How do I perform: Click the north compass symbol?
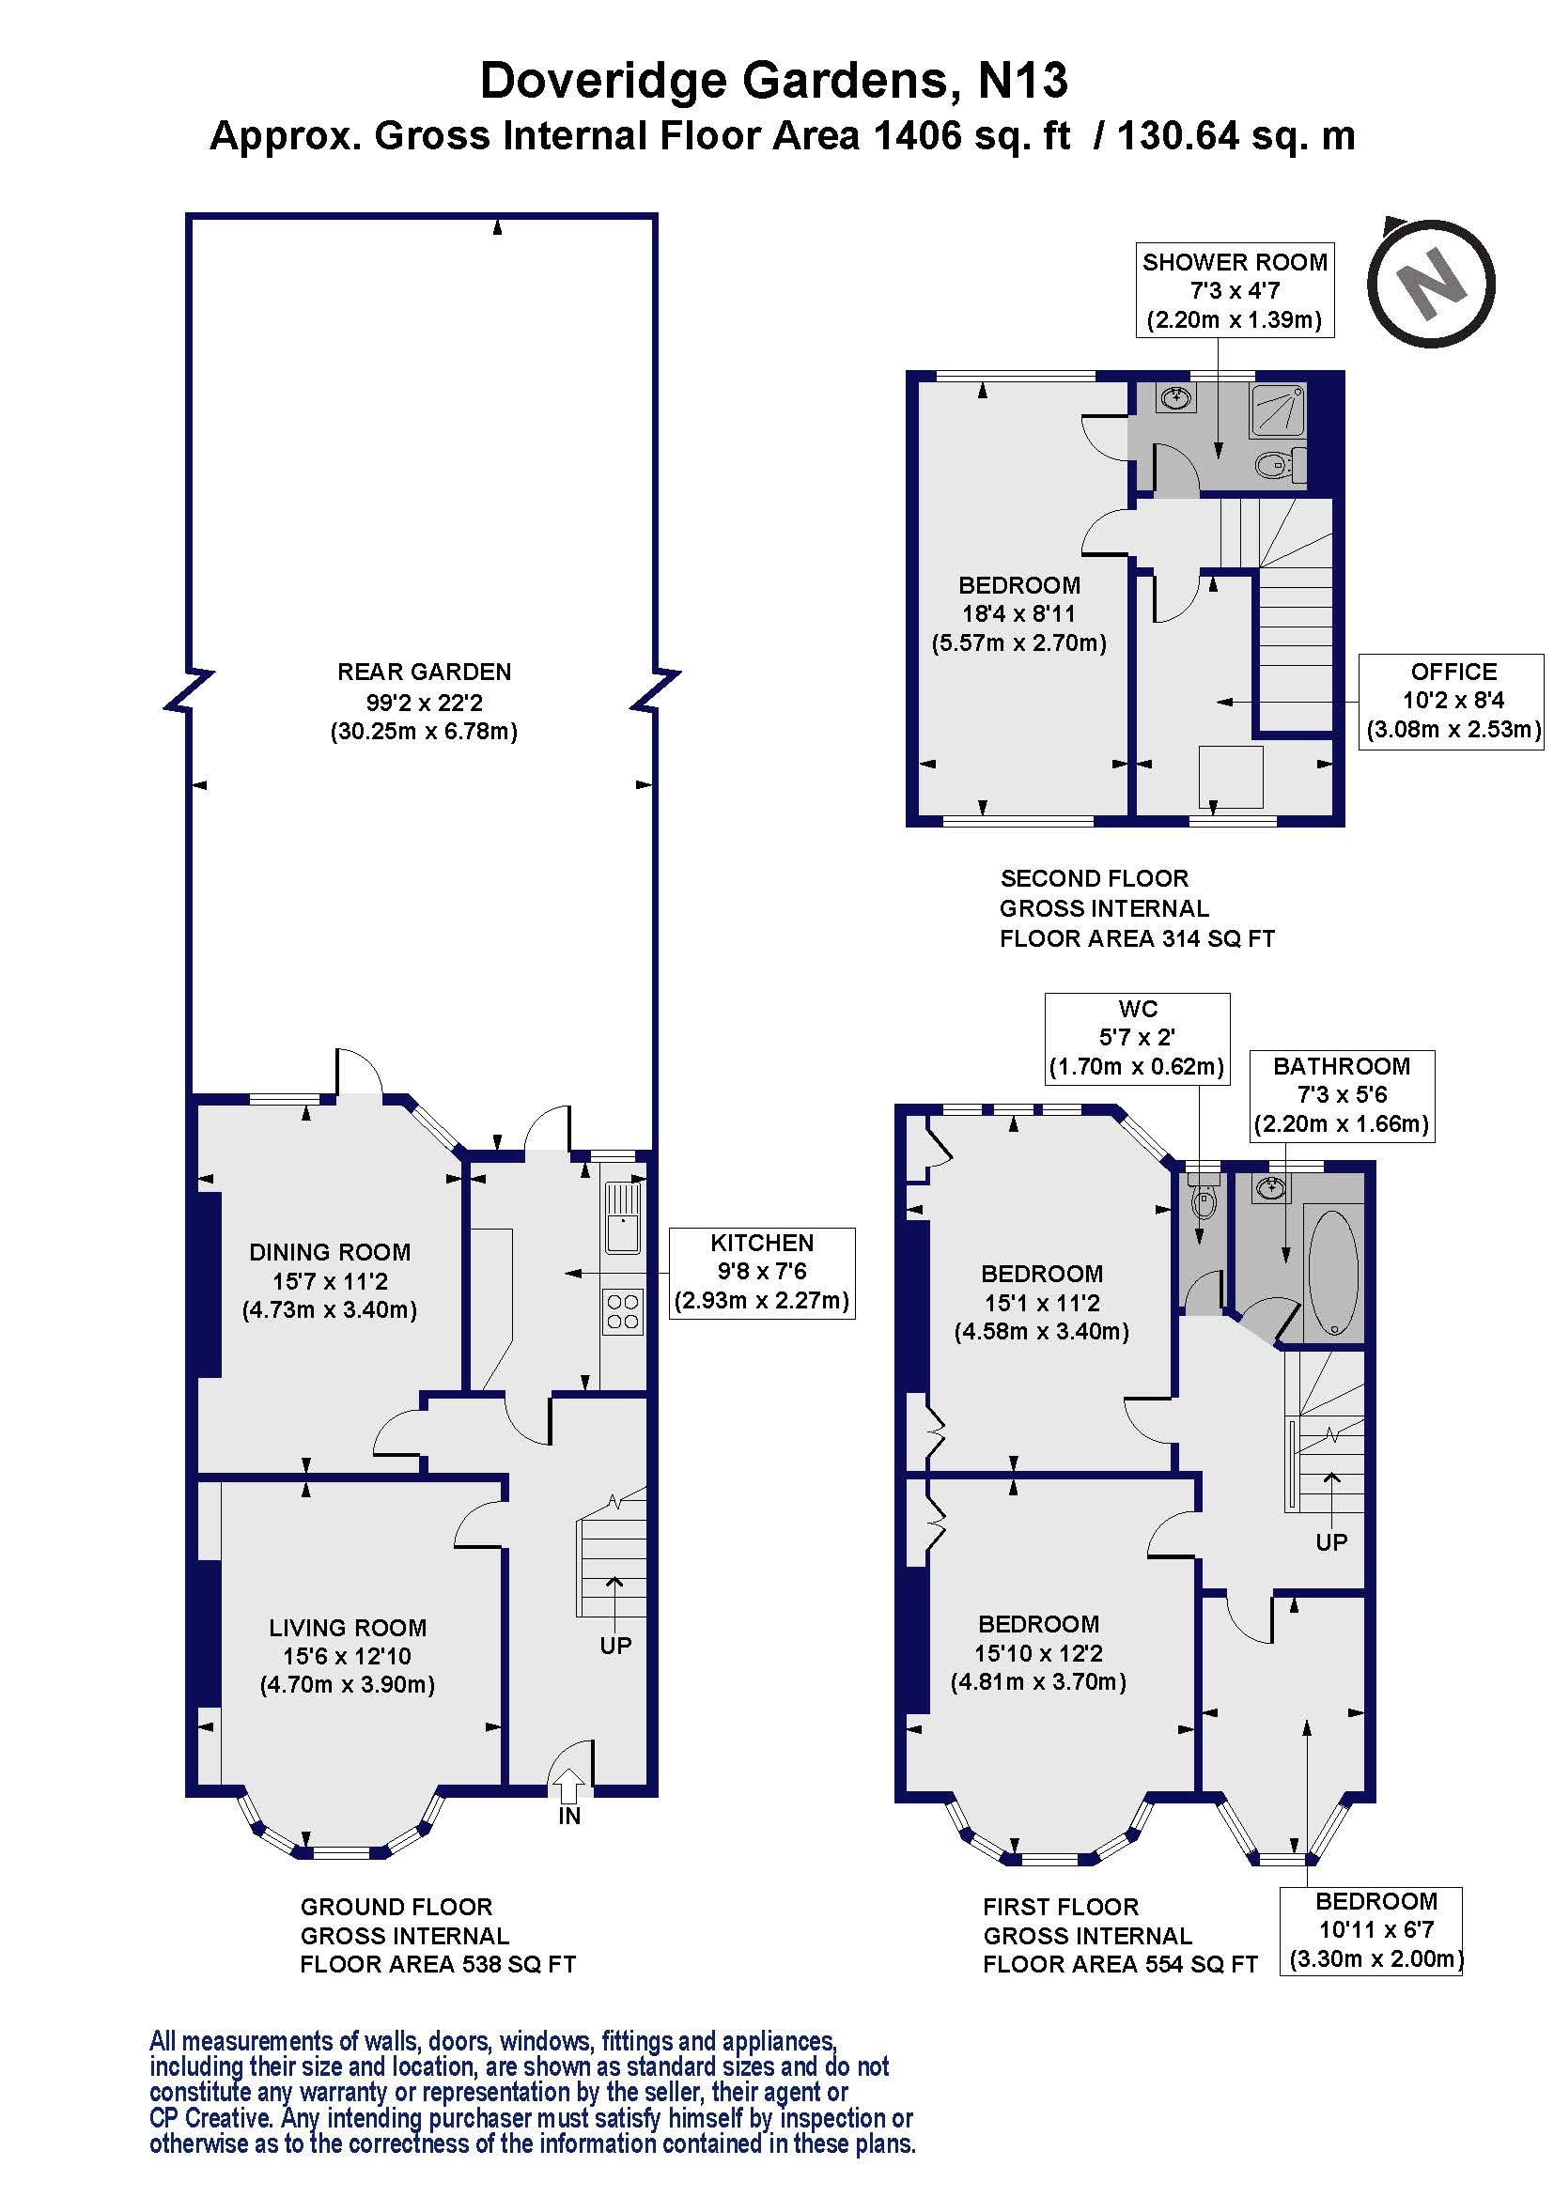(1431, 284)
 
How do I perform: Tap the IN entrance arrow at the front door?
(568, 1787)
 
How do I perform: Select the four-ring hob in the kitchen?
(622, 1312)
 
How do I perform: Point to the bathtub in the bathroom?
(1331, 1273)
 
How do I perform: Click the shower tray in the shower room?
(1278, 410)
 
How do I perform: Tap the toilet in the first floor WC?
(1204, 1202)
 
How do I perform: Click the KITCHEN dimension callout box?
(762, 1272)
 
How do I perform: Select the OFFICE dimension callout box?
(1452, 701)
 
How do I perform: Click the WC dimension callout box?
(1137, 1037)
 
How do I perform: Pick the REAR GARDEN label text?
(424, 672)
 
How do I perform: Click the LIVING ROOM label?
(348, 1628)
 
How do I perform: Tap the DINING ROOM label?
(329, 1251)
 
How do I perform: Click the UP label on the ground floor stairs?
(615, 1645)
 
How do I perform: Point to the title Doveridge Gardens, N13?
(773, 81)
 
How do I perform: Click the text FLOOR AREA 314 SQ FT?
(1137, 938)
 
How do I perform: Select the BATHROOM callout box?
(1342, 1094)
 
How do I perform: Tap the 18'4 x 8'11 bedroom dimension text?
(1019, 613)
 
